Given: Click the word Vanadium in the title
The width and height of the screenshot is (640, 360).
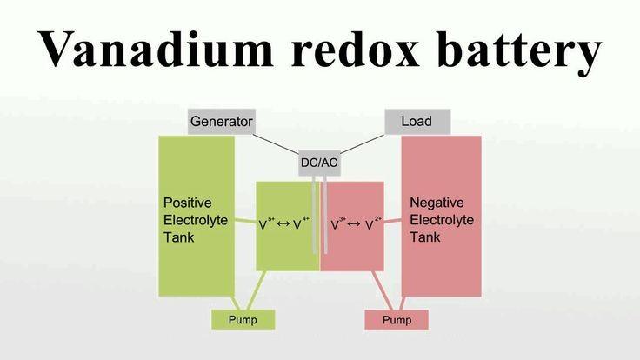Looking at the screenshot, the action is click(156, 49).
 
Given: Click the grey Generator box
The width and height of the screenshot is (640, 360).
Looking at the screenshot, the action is click(222, 121).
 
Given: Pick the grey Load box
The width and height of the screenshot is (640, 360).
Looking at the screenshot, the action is click(417, 121).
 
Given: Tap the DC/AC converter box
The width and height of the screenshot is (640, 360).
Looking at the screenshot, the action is click(319, 163).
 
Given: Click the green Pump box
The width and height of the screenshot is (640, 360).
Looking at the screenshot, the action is click(243, 320).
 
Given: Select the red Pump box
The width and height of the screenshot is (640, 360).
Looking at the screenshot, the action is click(397, 320).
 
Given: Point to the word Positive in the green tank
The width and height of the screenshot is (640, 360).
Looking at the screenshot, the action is click(187, 203).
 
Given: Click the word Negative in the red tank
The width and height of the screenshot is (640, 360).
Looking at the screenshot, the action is click(437, 203).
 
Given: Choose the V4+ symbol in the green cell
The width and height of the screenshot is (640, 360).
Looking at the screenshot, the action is click(301, 223).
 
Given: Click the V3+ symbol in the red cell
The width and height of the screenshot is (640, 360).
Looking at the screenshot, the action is click(338, 223).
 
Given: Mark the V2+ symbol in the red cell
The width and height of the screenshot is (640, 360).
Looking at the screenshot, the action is click(373, 223).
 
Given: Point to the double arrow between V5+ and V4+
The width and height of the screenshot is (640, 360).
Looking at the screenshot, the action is click(283, 224).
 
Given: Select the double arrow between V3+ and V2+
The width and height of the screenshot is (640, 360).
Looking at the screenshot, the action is click(354, 224).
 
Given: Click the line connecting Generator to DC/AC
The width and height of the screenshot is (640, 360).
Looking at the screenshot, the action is click(276, 143).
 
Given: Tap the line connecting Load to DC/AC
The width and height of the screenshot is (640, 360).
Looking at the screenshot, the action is click(363, 143).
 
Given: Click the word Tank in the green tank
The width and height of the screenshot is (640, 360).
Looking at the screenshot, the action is click(179, 237).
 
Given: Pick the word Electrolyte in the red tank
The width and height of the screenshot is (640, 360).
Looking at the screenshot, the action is click(442, 220).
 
